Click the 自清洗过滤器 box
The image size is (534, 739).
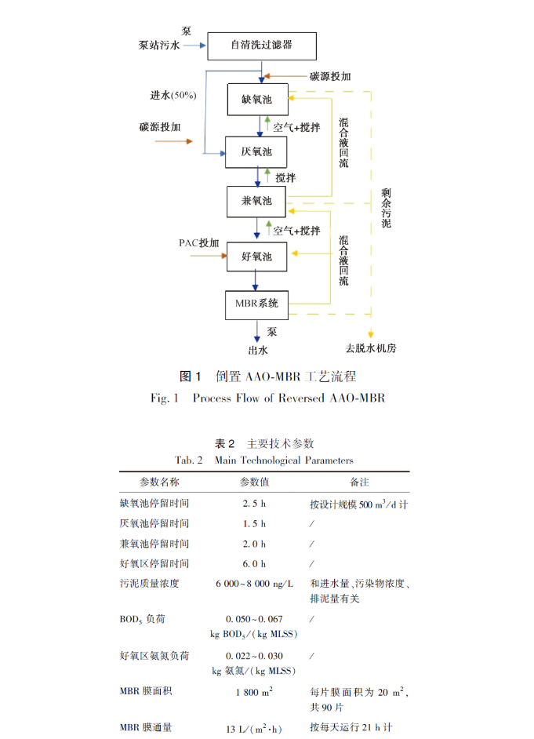261,46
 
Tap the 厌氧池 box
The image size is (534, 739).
256,151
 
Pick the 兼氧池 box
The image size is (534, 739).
256,202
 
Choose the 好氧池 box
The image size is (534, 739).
256,257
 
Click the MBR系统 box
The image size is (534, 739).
256,303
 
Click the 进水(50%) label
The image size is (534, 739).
173,95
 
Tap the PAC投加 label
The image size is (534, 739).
198,242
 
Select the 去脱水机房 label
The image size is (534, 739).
370,348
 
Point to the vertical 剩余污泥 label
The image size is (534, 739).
385,207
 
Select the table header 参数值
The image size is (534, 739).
255,482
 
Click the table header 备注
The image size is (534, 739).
359,482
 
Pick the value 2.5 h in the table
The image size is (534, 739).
254,503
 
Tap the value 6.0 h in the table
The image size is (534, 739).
254,564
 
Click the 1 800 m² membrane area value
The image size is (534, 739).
254,692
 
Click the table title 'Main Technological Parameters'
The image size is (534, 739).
283,461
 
